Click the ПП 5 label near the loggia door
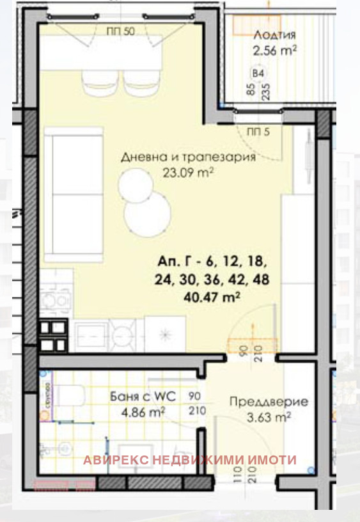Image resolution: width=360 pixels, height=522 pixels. tap(258, 132)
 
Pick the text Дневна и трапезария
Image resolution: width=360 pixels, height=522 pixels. tap(188, 157)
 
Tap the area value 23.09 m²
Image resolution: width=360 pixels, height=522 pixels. tap(187, 171)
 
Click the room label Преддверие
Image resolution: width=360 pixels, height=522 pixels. tap(269, 402)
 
